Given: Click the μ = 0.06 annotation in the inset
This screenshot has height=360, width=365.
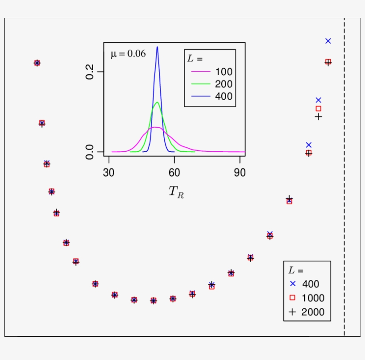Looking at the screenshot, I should (x=128, y=54).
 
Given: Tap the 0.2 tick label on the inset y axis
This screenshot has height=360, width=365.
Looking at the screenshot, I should (x=89, y=72).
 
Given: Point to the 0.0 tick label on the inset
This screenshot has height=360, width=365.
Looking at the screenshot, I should (x=89, y=152).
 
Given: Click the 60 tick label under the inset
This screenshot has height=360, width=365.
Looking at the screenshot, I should (x=174, y=173).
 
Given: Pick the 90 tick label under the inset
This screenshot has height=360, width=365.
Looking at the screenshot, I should (x=239, y=173).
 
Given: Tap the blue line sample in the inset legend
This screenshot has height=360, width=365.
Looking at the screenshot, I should (x=200, y=96).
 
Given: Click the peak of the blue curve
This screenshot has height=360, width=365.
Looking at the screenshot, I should (x=157, y=47).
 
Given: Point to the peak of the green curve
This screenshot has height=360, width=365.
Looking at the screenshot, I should (x=157, y=102).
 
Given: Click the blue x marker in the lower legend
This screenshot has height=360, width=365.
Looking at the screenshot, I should (x=292, y=283).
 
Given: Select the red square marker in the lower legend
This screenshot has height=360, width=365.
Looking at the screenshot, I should (x=292, y=298).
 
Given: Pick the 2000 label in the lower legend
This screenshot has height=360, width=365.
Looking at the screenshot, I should (x=312, y=312).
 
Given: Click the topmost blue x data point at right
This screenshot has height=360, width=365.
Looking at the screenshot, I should (x=328, y=41).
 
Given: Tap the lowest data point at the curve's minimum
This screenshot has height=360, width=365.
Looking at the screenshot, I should (x=154, y=301).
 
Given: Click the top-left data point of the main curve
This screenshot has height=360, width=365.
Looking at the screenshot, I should (x=37, y=63).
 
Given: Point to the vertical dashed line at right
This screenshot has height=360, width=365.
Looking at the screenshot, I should (x=344, y=178).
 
